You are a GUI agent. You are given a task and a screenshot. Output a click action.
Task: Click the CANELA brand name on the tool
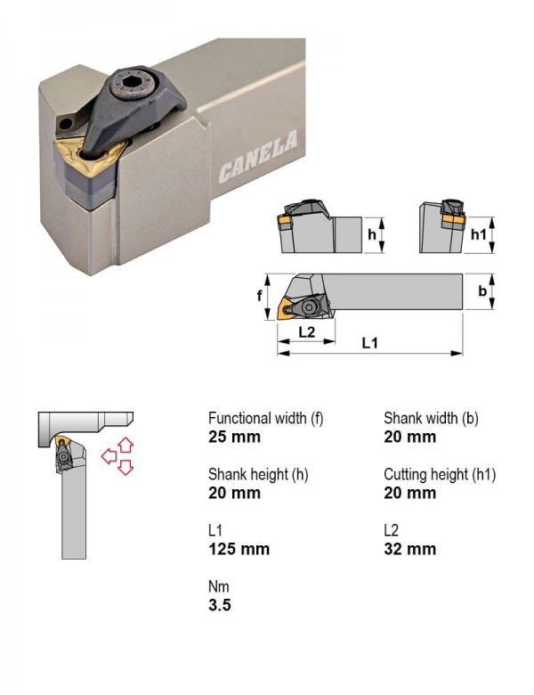coord(258,157)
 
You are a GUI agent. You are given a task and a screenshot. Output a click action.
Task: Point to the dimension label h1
coord(478,234)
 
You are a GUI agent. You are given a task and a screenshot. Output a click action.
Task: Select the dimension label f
coord(260,295)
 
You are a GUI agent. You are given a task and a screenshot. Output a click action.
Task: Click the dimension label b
coord(482,290)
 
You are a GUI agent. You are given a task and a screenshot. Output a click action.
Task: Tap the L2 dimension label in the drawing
coord(306,331)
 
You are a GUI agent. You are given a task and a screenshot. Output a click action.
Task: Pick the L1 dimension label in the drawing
coord(369,343)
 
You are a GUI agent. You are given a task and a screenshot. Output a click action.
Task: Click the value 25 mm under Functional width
coord(234,437)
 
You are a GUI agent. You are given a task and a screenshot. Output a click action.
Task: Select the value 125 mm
coord(239,549)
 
